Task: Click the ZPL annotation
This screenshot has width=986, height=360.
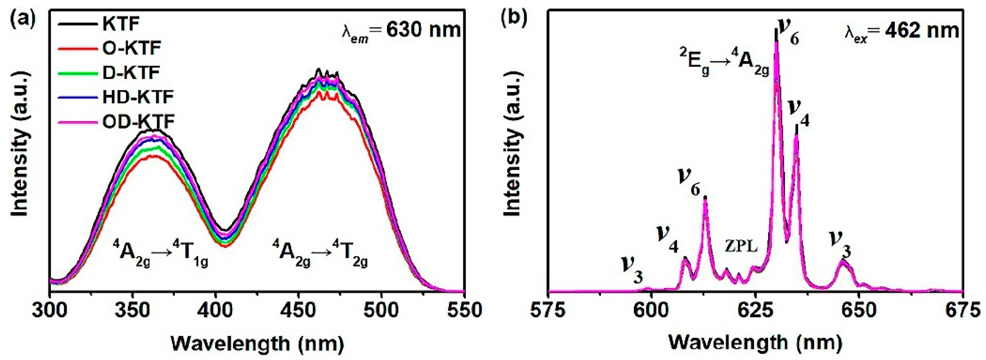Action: pyautogui.click(x=741, y=247)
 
